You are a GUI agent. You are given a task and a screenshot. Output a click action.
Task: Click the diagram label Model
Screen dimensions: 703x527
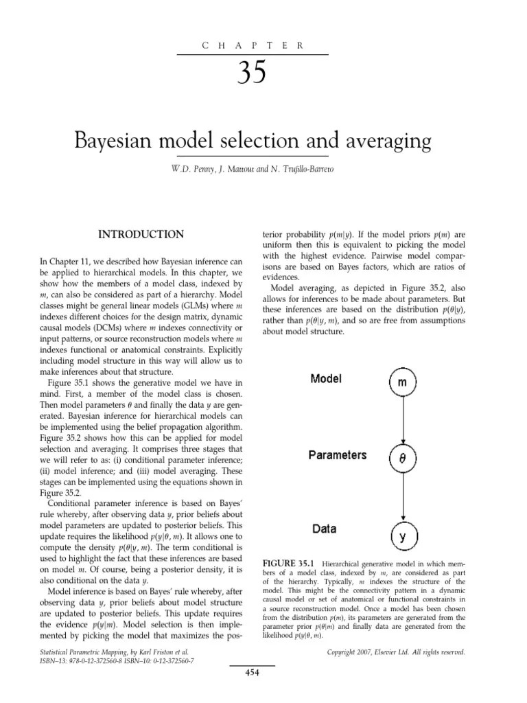pyautogui.click(x=327, y=379)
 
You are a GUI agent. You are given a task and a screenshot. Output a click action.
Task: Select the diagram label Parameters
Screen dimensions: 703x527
pyautogui.click(x=338, y=455)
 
